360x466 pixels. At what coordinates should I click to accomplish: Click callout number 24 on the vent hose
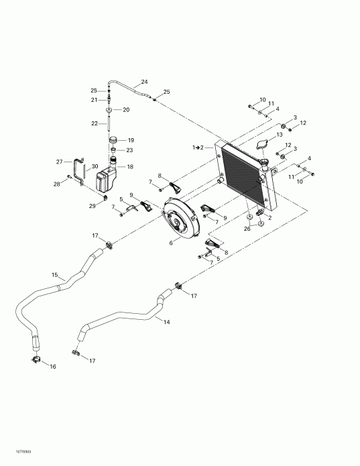144,82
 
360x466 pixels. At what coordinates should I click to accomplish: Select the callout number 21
95,100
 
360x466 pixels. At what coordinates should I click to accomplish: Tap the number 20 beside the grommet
125,110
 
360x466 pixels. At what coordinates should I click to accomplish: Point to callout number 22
95,123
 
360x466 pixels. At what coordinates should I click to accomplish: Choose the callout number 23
130,150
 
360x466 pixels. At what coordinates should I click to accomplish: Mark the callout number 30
95,166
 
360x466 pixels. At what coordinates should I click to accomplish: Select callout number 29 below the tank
93,206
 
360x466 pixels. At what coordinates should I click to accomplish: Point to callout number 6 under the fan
171,243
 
